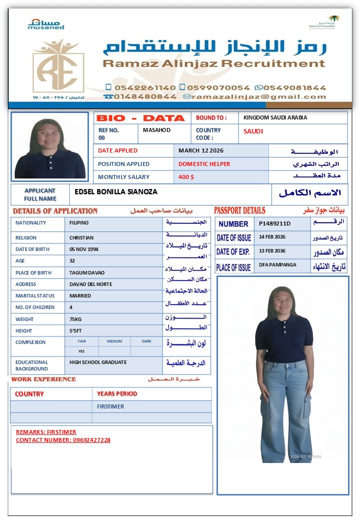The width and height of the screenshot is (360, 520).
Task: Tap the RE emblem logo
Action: [58, 68]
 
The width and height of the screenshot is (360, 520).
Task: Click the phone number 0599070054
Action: [218, 87]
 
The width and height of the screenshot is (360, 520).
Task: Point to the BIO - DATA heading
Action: [140, 118]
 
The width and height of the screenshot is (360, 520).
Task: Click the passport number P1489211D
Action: [274, 223]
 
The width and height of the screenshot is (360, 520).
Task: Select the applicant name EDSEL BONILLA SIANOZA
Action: [116, 191]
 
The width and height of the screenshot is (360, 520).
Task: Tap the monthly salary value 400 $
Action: [186, 177]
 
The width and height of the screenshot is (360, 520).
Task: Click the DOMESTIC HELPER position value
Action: [204, 164]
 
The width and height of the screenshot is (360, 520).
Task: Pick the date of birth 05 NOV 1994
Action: [88, 249]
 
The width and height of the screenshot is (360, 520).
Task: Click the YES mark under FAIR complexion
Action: [81, 351]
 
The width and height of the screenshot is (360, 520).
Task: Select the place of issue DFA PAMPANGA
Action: [277, 264]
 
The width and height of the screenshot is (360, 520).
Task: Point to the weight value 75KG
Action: [76, 319]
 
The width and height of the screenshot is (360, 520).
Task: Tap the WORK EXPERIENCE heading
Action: [44, 379]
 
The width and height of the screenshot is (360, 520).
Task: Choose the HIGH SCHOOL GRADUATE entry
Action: [98, 362]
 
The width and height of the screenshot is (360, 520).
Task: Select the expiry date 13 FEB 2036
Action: [272, 250]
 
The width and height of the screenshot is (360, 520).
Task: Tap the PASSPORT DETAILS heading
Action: [239, 210]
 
